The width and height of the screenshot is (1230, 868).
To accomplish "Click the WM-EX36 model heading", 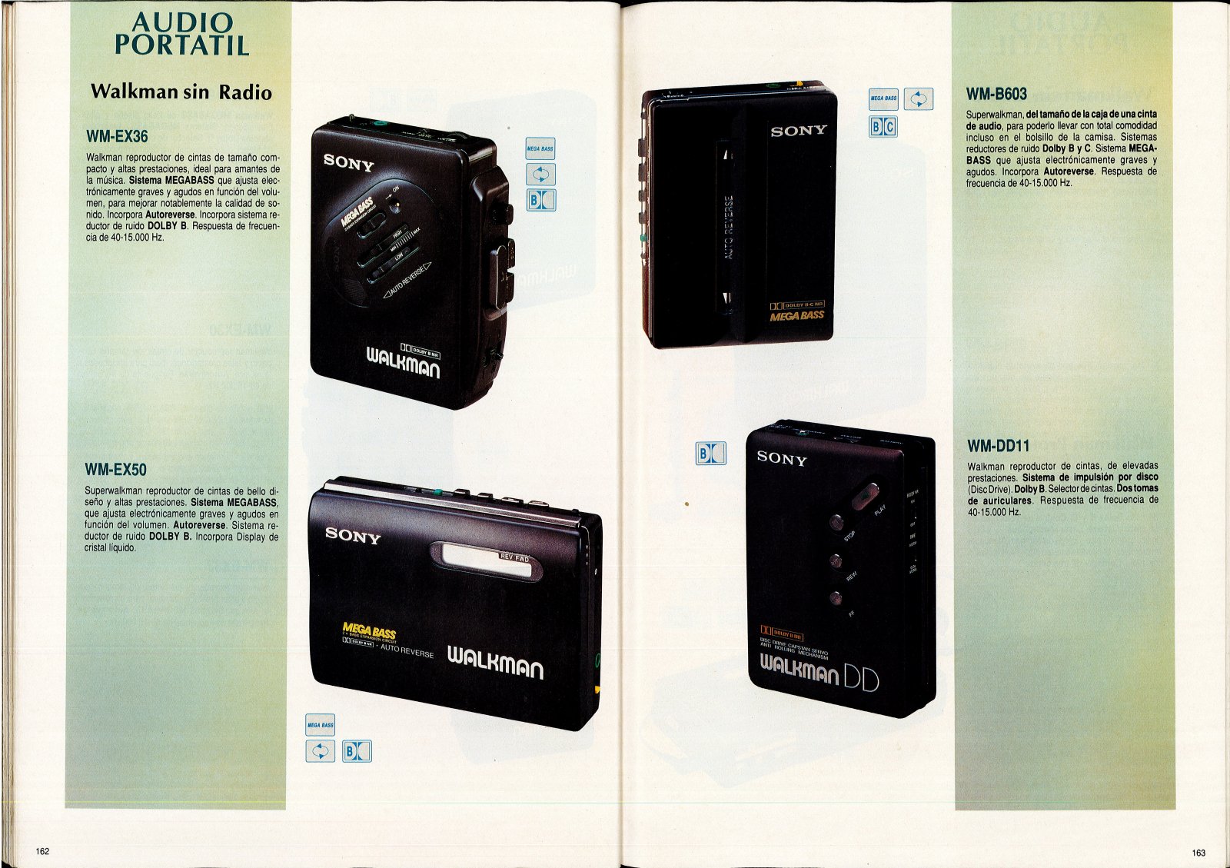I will point(117,137).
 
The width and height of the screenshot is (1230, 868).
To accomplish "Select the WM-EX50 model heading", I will point(115,470).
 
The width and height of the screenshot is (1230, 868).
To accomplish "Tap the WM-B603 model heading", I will point(996,95).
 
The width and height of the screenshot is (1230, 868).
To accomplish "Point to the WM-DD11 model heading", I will point(998,446).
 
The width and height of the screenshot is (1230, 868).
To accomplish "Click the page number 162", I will point(42,851).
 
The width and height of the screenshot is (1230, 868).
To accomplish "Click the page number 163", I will point(1198,852).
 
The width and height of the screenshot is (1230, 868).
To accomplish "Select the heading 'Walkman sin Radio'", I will point(181,92).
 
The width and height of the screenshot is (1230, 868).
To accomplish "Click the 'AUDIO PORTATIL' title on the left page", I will point(182,34).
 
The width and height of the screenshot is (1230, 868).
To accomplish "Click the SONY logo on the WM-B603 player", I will point(799,131).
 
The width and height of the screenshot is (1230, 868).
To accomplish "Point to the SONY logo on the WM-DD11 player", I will point(782,458).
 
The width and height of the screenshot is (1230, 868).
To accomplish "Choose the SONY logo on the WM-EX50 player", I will point(353,535).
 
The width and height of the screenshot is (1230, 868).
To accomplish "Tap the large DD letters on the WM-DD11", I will point(861,677).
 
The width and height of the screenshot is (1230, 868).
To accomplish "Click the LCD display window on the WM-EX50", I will point(484,560).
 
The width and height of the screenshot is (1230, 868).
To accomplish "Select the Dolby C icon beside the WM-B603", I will point(889,127).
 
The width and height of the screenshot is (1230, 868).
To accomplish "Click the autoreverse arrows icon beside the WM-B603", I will point(919,99).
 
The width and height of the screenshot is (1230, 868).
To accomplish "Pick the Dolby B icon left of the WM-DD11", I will point(710,454).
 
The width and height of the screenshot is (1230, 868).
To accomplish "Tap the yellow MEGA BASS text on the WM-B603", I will point(796,316).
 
